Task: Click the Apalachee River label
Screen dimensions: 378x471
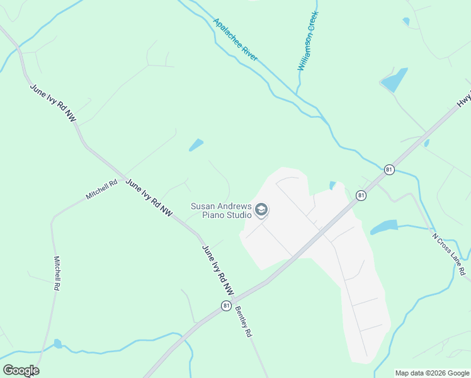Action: pos(235,40)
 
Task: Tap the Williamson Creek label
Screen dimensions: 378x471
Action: pos(308,40)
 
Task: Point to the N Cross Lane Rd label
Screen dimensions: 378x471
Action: pos(449,255)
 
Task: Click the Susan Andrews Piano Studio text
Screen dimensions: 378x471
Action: pos(221,210)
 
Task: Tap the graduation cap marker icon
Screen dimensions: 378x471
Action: pos(261,209)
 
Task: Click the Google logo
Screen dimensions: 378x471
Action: pos(21,370)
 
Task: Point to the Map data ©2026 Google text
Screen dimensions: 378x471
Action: pos(432,373)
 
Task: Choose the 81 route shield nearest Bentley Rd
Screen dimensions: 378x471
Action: pos(225,306)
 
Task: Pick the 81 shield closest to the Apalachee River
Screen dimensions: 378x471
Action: pos(389,169)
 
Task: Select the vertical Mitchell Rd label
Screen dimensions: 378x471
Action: pos(57,273)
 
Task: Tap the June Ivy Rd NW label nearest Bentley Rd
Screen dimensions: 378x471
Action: pos(218,270)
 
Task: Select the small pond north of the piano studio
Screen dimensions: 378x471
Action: pos(196,145)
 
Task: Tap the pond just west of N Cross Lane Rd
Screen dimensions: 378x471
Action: pos(384,227)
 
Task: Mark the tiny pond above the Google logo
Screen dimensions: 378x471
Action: pos(58,343)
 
